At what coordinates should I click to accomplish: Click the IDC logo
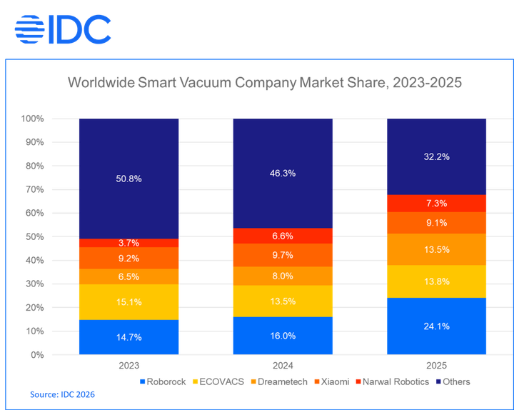(x=63, y=28)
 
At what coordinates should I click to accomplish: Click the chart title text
(x=265, y=83)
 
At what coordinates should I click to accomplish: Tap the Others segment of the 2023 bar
(x=128, y=179)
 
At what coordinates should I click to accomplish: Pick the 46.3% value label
(x=283, y=174)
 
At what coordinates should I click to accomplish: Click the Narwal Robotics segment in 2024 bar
(x=283, y=236)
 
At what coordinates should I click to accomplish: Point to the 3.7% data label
(x=128, y=243)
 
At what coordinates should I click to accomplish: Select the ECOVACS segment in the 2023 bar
(x=128, y=302)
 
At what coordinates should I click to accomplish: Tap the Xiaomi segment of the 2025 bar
(x=436, y=223)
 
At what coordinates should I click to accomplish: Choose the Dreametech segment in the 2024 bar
(x=283, y=276)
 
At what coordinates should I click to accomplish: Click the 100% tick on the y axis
(x=32, y=119)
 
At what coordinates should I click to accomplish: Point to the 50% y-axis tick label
(x=34, y=236)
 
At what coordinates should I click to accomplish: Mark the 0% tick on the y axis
(x=37, y=354)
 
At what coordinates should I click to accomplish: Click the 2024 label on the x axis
(x=283, y=366)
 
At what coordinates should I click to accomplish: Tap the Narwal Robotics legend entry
(x=393, y=382)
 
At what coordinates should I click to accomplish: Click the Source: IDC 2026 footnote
(x=63, y=394)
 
